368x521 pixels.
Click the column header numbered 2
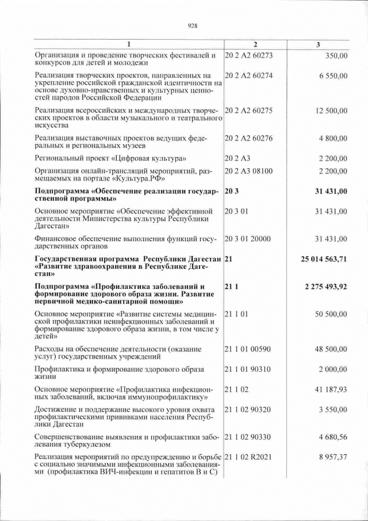click(x=255, y=45)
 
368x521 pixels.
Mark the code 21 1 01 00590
click(x=248, y=349)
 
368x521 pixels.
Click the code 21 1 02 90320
click(x=248, y=409)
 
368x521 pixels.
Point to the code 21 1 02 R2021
click(x=248, y=457)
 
